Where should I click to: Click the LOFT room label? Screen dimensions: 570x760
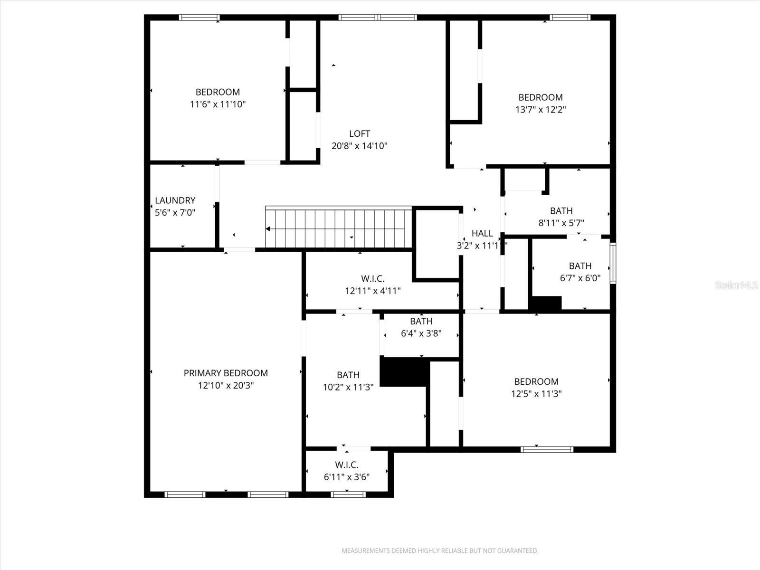[x=359, y=134]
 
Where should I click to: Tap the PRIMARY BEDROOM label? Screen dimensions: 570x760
[x=226, y=373]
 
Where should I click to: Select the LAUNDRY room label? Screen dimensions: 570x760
[x=175, y=200]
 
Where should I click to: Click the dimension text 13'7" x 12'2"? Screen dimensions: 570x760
[x=541, y=109]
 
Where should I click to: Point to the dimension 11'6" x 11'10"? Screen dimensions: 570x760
[x=218, y=104]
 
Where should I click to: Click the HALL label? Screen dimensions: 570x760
[x=482, y=233]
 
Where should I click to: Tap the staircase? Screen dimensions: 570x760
[x=338, y=228]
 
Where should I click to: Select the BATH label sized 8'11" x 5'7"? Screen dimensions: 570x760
[x=561, y=211]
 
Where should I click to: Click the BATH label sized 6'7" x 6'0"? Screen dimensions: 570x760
[x=580, y=266]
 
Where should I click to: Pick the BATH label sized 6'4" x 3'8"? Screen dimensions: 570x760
[x=421, y=322]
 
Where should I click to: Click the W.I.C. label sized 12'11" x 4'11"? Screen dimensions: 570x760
[x=372, y=279]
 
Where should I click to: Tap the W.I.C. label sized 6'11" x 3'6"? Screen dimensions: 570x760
[x=346, y=465]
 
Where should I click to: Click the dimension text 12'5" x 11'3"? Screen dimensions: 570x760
[x=536, y=393]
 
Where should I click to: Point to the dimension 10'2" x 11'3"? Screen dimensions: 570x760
[x=348, y=387]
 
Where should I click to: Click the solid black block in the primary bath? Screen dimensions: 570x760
[x=404, y=372]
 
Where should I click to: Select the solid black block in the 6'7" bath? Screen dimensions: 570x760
[x=546, y=304]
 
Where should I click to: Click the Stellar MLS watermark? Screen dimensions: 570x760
[x=736, y=285]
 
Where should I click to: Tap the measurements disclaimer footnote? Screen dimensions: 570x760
[x=440, y=551]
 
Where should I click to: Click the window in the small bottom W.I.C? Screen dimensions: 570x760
[x=348, y=494]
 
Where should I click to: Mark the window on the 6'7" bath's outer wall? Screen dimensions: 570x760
[x=613, y=263]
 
